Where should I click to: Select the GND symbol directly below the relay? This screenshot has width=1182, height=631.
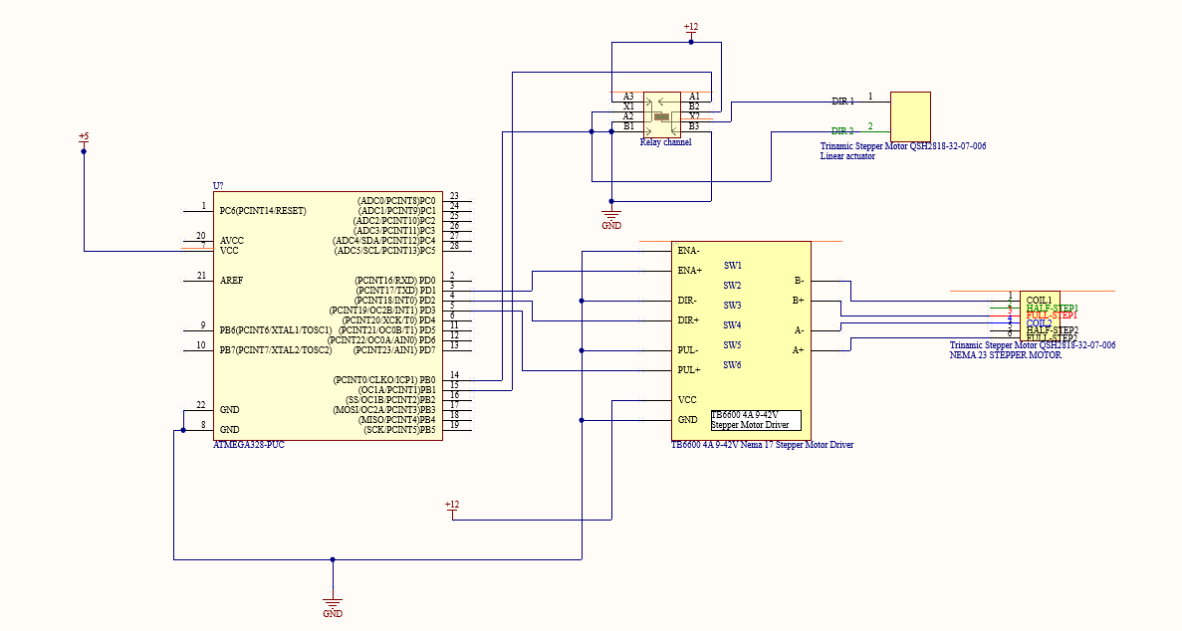[611, 216]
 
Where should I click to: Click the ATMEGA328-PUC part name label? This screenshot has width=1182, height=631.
[249, 445]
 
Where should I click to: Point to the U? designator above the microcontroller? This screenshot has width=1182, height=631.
[219, 186]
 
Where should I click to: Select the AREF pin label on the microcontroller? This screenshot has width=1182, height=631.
[231, 281]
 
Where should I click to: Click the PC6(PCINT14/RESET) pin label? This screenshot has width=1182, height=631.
[263, 211]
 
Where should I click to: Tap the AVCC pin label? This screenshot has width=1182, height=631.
[231, 241]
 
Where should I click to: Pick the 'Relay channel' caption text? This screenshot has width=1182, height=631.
[665, 142]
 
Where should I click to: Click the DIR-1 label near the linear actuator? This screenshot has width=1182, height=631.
[842, 102]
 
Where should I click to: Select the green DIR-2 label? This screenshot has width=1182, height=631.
[842, 131]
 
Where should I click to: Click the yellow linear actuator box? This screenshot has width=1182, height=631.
[910, 116]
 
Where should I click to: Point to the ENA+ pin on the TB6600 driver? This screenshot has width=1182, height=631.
[689, 271]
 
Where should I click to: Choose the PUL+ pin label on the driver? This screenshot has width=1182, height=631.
[689, 370]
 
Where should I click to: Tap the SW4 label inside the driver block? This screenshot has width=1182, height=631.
[732, 325]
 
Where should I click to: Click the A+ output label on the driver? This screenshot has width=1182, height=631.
[798, 350]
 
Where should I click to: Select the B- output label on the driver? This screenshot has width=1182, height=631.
[798, 281]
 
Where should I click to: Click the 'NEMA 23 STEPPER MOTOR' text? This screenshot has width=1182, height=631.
[1005, 355]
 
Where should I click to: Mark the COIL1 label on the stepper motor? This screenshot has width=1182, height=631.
[1039, 300]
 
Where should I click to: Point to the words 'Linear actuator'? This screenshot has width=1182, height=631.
[847, 156]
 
